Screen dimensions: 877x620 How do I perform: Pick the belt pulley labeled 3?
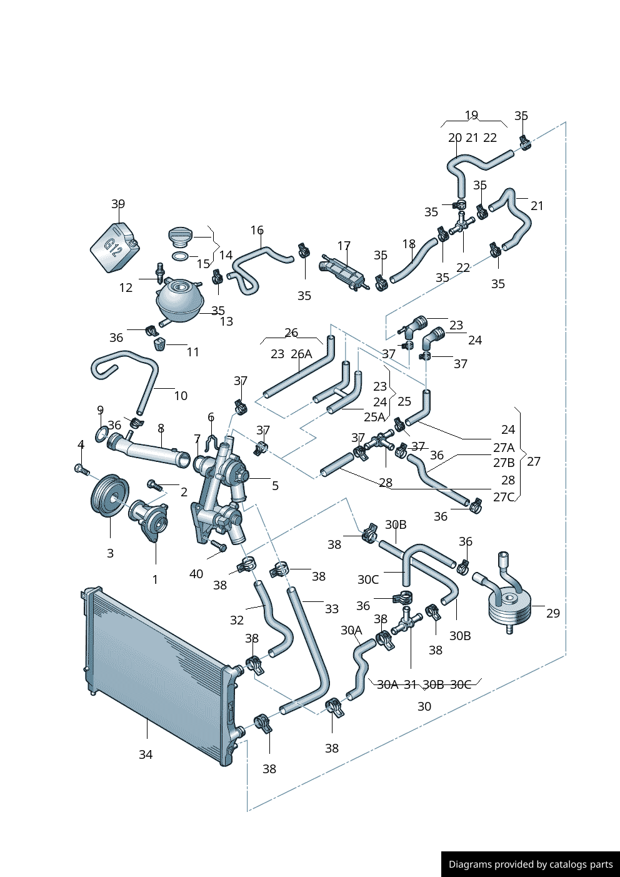tap(109, 496)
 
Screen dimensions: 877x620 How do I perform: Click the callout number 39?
tap(118, 204)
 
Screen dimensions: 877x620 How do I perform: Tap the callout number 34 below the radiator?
tap(146, 754)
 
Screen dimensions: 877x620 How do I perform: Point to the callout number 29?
tap(553, 613)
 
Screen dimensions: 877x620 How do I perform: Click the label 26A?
tap(301, 354)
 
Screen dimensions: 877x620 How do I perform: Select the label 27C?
tap(504, 497)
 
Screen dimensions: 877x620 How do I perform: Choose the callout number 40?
tap(196, 574)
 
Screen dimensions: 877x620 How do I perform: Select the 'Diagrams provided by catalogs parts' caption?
tap(531, 864)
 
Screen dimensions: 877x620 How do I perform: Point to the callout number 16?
tap(257, 230)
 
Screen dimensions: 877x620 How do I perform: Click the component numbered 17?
tap(342, 273)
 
